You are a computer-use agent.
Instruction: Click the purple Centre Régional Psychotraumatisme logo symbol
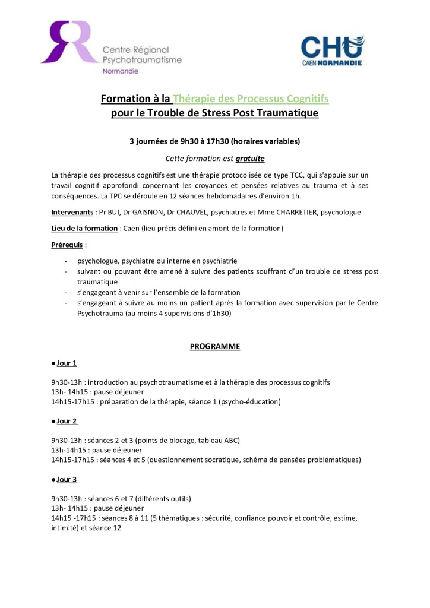(69, 42)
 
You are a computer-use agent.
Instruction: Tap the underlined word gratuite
(249, 159)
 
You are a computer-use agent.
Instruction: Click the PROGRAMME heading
(215, 346)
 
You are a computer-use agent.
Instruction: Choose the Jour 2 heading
(67, 421)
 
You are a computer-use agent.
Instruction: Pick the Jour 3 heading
(67, 479)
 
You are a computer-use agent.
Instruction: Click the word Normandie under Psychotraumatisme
(121, 71)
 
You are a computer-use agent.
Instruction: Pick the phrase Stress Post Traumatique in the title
(261, 113)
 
